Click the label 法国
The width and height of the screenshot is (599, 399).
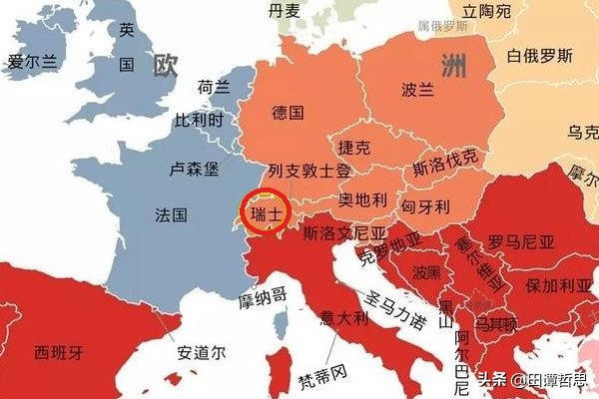[x=171, y=214]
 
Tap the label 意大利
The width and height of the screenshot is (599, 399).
[x=344, y=319]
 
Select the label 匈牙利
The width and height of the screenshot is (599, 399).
[x=426, y=206]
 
